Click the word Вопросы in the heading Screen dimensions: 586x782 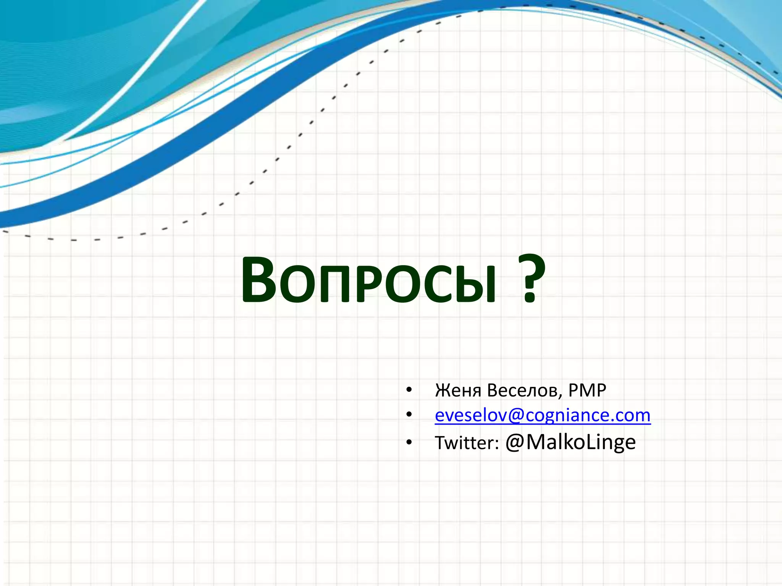point(368,280)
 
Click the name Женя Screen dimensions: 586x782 point(458,390)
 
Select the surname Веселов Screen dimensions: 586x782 point(524,390)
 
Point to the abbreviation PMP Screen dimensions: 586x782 point(587,390)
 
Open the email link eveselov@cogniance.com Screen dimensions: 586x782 point(543,415)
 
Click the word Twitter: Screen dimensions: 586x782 point(467,443)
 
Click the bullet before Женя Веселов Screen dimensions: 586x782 point(409,390)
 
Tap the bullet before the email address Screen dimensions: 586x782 point(409,415)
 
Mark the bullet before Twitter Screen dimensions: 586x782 point(409,443)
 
